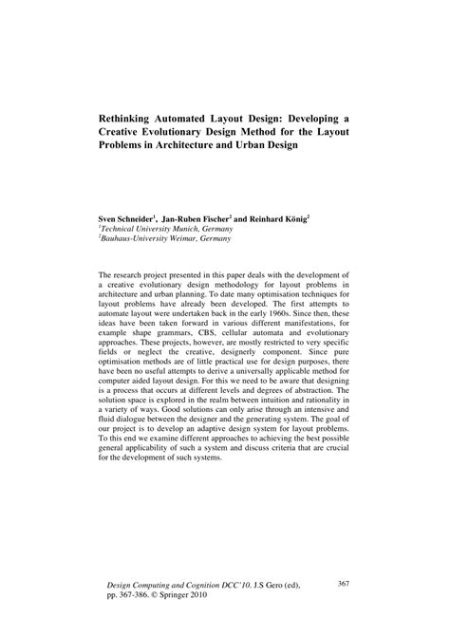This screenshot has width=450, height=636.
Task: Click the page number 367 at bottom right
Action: pos(345,582)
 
